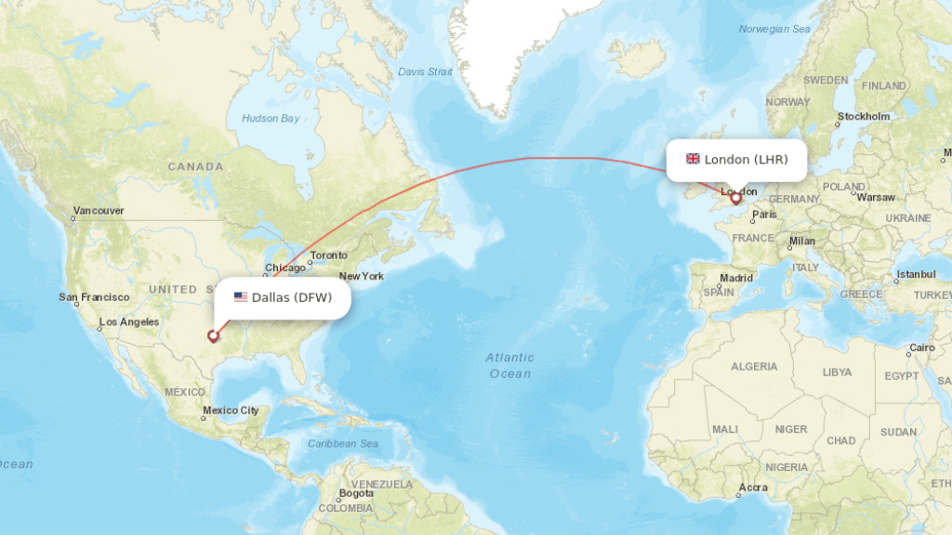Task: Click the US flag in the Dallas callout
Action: tap(241, 297)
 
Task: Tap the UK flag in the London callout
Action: tap(693, 159)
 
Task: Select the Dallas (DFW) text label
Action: tap(292, 297)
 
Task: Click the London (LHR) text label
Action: tap(746, 159)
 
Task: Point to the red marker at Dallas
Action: tap(213, 336)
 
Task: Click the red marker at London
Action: tap(735, 198)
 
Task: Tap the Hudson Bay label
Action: tap(271, 118)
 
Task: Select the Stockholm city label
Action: tap(864, 117)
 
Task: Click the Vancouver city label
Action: tap(98, 211)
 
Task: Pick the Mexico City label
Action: tap(231, 411)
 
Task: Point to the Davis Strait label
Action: tap(425, 72)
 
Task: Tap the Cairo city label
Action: tap(921, 347)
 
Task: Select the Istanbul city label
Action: tap(915, 275)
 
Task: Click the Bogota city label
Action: tap(356, 493)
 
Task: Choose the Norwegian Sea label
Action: tap(774, 30)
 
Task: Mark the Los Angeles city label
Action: tap(129, 322)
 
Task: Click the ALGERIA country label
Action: tap(754, 367)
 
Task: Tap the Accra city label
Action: tap(753, 488)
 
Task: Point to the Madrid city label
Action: tap(736, 278)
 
